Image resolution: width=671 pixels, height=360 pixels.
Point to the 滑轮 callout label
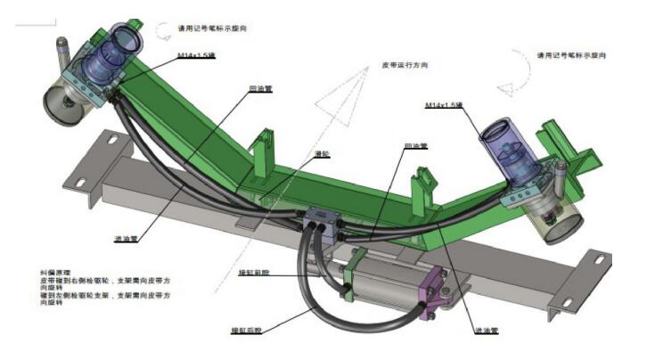pos(323,153)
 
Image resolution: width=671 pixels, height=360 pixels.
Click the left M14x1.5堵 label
pos(198,55)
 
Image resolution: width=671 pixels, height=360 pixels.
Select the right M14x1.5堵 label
pos(444,106)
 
